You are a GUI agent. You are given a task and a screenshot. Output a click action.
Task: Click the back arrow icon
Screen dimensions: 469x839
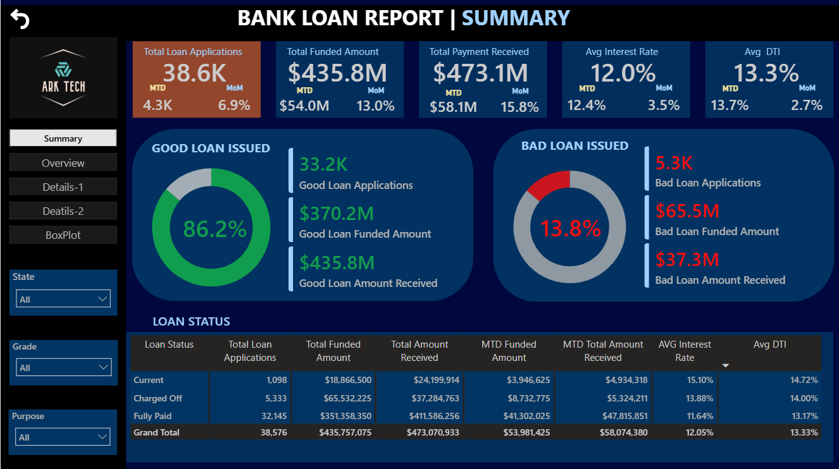click(20, 20)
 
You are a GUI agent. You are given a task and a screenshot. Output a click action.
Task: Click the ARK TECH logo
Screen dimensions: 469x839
click(63, 78)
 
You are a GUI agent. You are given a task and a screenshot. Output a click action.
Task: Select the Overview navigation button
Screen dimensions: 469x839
click(63, 162)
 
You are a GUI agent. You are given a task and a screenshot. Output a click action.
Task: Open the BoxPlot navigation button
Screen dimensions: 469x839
click(63, 234)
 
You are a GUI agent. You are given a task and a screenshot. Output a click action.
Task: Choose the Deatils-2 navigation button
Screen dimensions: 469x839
click(63, 211)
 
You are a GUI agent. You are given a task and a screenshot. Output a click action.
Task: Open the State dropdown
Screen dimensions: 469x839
click(63, 299)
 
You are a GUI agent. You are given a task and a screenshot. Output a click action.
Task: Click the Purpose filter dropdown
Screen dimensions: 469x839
click(63, 437)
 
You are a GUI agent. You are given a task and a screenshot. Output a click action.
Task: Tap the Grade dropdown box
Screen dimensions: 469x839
click(63, 367)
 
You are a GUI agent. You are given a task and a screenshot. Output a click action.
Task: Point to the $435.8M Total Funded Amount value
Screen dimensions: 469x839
click(337, 73)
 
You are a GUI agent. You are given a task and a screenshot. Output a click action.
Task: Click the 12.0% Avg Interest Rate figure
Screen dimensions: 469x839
click(623, 73)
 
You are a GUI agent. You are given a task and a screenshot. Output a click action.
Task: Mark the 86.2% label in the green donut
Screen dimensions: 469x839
click(214, 229)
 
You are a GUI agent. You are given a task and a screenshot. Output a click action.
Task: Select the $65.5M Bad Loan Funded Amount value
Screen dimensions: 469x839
click(687, 210)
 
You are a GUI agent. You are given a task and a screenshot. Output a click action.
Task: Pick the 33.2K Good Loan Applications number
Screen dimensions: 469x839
click(323, 164)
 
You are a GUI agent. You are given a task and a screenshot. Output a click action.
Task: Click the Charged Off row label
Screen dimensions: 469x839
click(158, 398)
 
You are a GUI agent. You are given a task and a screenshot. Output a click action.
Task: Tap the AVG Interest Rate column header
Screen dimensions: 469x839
click(685, 351)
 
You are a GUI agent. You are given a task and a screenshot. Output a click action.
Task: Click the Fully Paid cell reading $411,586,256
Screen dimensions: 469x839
click(430, 416)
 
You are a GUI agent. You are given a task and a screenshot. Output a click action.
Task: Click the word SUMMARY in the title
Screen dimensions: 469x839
click(516, 18)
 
